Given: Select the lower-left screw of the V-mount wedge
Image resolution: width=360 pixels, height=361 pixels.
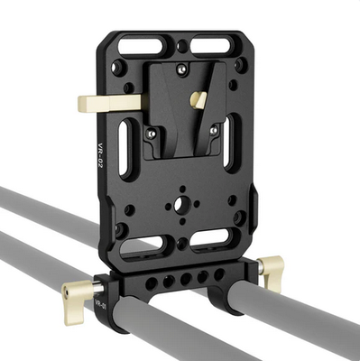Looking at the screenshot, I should pyautogui.click(x=152, y=133).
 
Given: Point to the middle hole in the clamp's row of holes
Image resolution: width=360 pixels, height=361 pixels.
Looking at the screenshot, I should pyautogui.click(x=171, y=281).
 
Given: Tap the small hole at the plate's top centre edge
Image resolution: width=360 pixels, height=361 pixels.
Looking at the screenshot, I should pyautogui.click(x=182, y=45).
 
